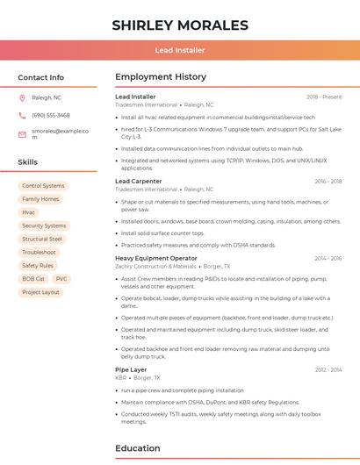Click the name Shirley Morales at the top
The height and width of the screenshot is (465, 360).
click(x=180, y=25)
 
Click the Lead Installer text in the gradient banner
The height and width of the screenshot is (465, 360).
click(x=180, y=51)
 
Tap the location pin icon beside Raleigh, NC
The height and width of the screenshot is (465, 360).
click(x=22, y=97)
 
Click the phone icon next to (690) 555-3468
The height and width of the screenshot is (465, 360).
click(x=22, y=115)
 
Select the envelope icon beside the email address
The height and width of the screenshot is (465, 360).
click(x=22, y=133)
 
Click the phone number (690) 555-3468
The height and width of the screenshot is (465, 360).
click(x=51, y=115)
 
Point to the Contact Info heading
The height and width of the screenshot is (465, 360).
click(x=41, y=77)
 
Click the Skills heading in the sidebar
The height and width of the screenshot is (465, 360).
click(x=28, y=162)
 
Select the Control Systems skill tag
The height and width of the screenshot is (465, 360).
click(x=43, y=186)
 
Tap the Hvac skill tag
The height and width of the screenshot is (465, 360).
click(x=29, y=212)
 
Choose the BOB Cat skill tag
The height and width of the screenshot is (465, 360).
click(x=32, y=279)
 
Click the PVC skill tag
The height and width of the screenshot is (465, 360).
click(x=61, y=279)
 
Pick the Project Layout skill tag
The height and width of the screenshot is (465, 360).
click(x=40, y=292)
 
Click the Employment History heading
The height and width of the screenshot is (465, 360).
click(x=161, y=77)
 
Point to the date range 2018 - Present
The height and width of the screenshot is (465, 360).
click(x=324, y=97)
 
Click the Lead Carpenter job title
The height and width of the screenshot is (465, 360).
click(x=139, y=181)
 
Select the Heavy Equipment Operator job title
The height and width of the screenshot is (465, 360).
click(x=156, y=258)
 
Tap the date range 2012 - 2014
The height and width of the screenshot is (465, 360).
click(x=328, y=369)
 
